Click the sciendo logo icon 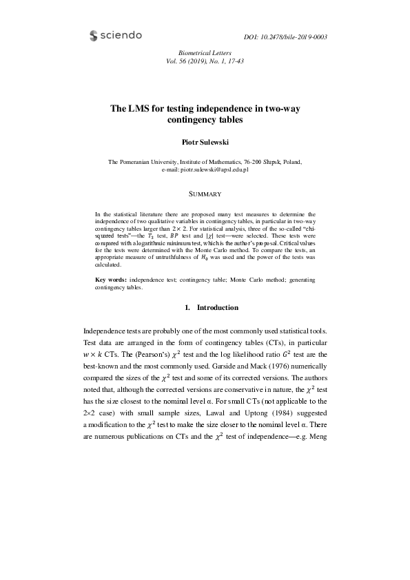point(94,35)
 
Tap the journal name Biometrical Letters point(205,52)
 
